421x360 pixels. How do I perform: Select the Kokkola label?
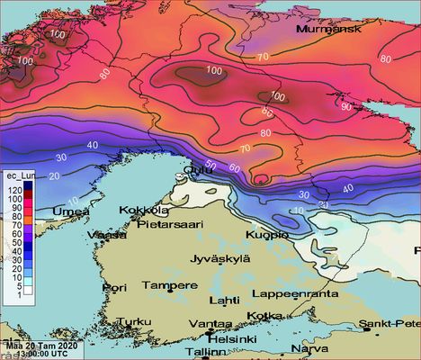tap(145, 210)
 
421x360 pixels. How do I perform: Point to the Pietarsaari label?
tap(167, 223)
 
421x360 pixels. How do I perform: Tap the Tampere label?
tap(170, 285)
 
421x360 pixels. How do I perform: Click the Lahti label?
tap(224, 301)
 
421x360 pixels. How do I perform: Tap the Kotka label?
tap(264, 316)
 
